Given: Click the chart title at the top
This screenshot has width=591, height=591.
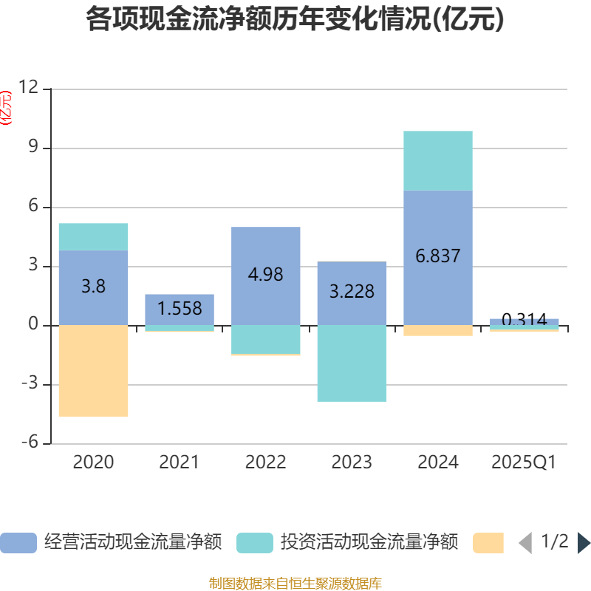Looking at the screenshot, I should pyautogui.click(x=295, y=19).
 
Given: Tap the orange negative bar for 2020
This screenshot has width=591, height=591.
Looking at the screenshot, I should pyautogui.click(x=93, y=371).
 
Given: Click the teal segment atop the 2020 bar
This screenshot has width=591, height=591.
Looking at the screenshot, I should pyautogui.click(x=93, y=236).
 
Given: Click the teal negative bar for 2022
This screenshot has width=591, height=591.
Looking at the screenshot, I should pyautogui.click(x=266, y=340).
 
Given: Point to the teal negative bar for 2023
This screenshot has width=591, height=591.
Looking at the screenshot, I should pyautogui.click(x=352, y=363).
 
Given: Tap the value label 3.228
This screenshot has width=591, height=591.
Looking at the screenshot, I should pyautogui.click(x=352, y=291).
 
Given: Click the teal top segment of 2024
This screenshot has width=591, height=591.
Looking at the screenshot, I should pyautogui.click(x=438, y=160).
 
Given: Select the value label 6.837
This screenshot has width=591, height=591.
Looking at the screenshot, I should pyautogui.click(x=438, y=256).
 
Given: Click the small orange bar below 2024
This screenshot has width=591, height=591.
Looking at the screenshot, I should pyautogui.click(x=438, y=331).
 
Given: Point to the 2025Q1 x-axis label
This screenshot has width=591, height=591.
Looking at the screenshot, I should pyautogui.click(x=524, y=462).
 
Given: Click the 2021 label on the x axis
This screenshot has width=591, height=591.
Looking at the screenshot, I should pyautogui.click(x=180, y=462).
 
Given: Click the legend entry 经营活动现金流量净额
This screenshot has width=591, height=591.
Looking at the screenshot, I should pyautogui.click(x=111, y=542).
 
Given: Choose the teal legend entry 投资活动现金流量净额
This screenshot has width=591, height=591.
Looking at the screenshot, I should pyautogui.click(x=347, y=542).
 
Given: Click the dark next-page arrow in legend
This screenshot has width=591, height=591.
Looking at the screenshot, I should pyautogui.click(x=584, y=542).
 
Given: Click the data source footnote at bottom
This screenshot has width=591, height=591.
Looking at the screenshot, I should pyautogui.click(x=295, y=584).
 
